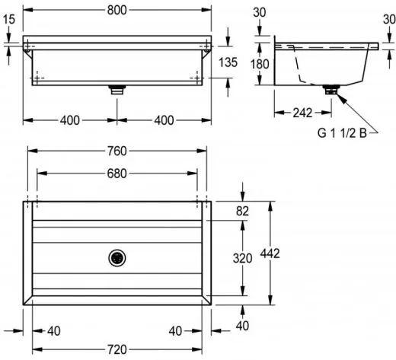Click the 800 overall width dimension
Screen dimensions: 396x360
117,10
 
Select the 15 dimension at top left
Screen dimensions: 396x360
9,19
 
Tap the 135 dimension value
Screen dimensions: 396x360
228,62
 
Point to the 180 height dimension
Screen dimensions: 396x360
260,64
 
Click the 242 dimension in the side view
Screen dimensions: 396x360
302,113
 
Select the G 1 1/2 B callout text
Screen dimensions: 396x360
342,133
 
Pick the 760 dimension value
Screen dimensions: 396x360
117,151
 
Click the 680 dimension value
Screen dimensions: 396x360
117,174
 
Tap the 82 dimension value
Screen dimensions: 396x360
242,211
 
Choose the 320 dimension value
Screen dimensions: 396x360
242,258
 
